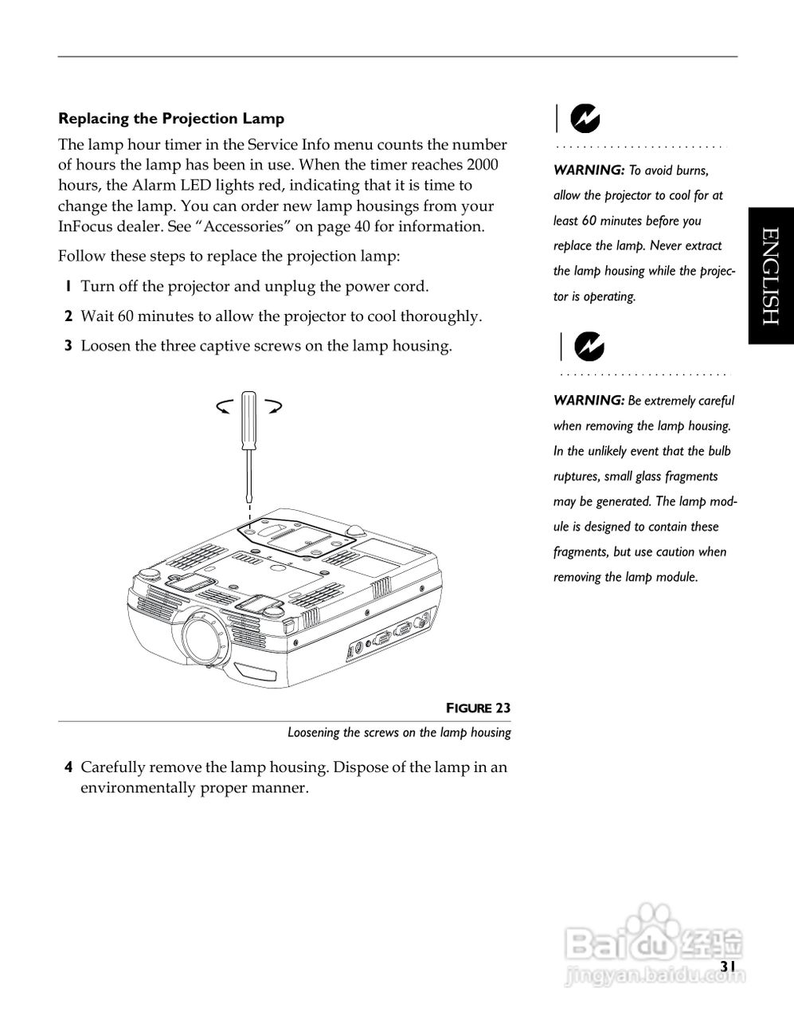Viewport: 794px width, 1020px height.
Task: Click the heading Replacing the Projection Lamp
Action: pos(171,119)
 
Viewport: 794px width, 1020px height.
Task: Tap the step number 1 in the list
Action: pos(68,287)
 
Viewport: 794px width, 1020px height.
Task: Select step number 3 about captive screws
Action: pos(68,346)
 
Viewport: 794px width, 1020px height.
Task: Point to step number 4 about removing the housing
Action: pos(69,768)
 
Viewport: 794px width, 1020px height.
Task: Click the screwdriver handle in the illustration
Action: pos(248,418)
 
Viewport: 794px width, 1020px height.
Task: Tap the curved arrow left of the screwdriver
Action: pos(225,407)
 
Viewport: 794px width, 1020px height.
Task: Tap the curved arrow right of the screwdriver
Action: pos(273,406)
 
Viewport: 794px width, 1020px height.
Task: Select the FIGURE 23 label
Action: pos(478,708)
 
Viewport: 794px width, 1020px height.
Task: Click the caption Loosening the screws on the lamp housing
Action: pos(399,732)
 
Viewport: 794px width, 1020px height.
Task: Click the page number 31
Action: pos(727,966)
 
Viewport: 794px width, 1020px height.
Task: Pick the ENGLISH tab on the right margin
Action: pos(770,276)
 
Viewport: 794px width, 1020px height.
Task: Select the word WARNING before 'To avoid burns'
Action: pos(589,170)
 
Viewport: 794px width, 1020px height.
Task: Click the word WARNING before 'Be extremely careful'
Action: pos(589,400)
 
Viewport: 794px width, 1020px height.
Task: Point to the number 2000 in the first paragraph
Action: pos(483,165)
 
